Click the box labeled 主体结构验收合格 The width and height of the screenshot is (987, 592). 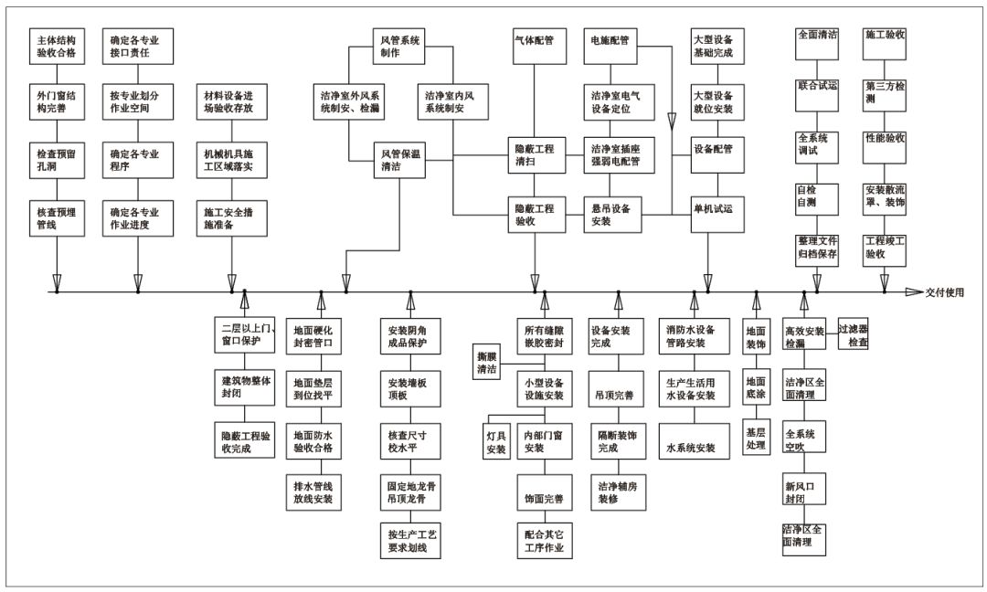coord(57,47)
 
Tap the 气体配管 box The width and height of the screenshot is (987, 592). coord(539,47)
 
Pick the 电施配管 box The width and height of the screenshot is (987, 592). coord(610,47)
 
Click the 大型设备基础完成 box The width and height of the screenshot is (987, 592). coord(717,47)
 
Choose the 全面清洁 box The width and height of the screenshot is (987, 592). coord(817,44)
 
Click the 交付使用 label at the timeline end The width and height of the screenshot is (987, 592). coord(944,292)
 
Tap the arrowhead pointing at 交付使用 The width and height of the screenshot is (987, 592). coord(914,292)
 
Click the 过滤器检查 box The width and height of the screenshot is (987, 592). coord(853,333)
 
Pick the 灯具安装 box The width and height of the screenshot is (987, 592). coord(496,441)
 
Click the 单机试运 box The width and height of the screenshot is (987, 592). coord(717,214)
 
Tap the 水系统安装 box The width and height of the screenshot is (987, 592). coord(695,441)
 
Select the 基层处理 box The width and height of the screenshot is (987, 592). coord(756,438)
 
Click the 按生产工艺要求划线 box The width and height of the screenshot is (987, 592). coord(410,541)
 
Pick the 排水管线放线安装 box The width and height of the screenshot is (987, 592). coord(313,492)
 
